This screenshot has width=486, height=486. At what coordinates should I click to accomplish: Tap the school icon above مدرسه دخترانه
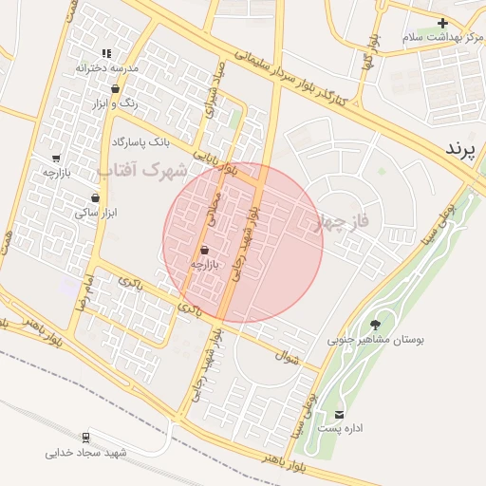pos(106,53)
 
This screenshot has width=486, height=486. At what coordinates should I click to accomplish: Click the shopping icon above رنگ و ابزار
pos(115,88)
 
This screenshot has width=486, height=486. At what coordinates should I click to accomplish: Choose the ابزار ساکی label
pos(95,214)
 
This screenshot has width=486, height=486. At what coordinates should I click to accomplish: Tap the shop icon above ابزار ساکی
pos(95,198)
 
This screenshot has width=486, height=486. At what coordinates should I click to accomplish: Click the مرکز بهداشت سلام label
pos(438,36)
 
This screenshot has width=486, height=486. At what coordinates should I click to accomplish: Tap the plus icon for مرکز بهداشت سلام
pos(442,22)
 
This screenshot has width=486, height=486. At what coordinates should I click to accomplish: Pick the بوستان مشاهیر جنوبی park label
pos(376,339)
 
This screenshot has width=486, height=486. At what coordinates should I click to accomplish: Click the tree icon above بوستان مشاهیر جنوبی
pos(377,325)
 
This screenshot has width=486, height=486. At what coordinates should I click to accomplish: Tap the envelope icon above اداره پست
pos(340,414)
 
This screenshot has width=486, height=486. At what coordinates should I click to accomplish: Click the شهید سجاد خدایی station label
pos(85,453)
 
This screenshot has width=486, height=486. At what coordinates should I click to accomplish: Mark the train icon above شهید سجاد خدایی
pos(86,438)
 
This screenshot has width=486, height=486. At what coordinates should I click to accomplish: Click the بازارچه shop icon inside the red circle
pos(205,250)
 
